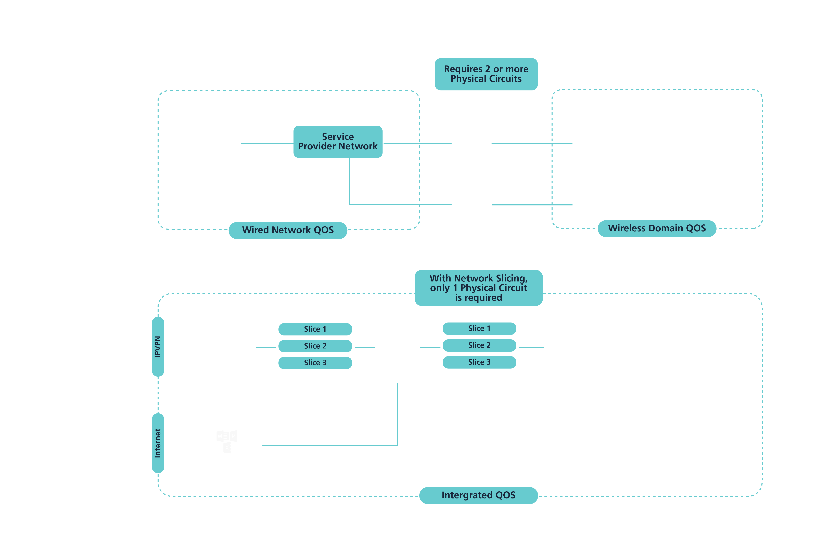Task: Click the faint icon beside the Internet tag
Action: coord(227,441)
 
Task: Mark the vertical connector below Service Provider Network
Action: coord(349,181)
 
